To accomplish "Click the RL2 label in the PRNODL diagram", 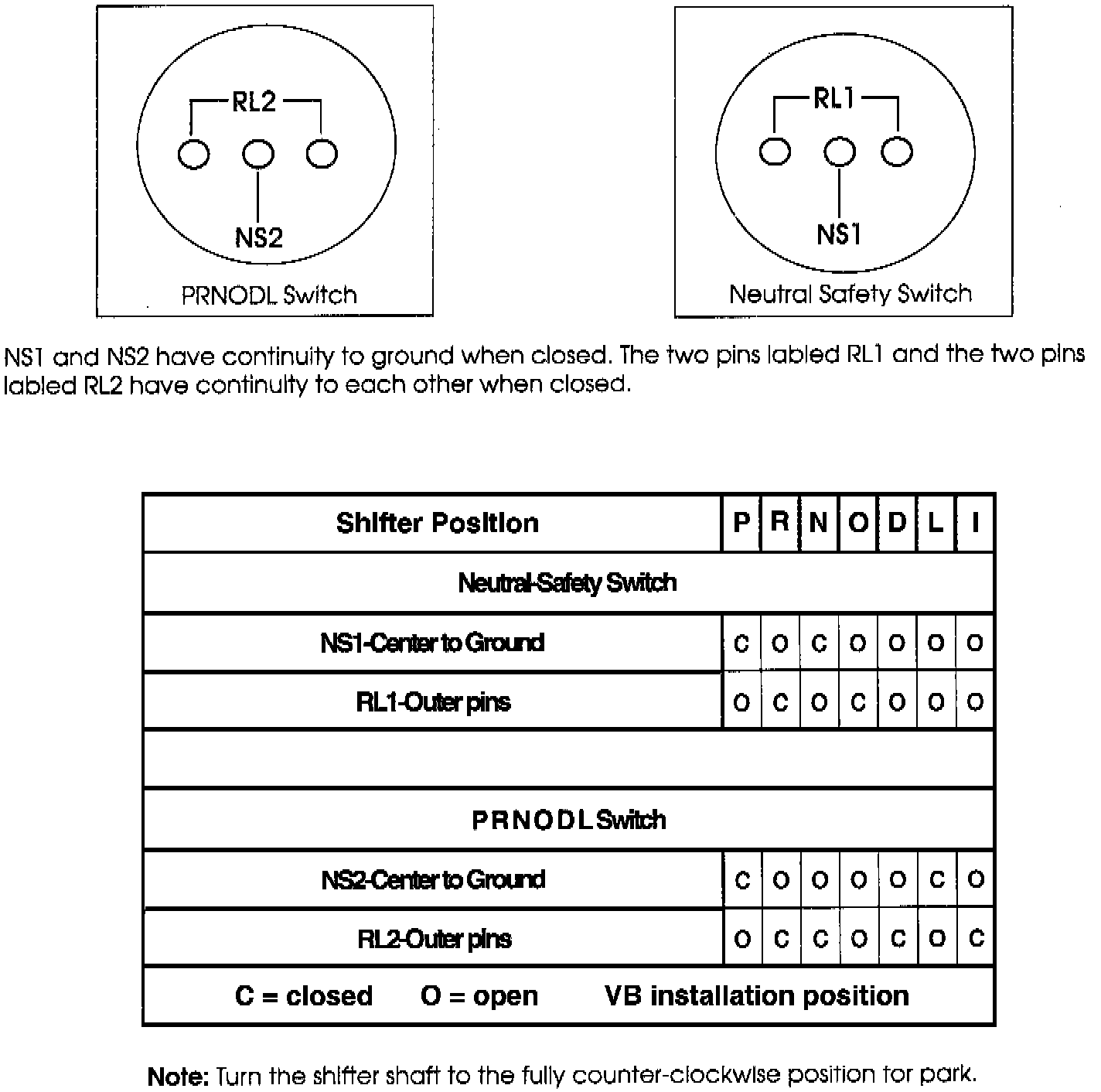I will point(254,101).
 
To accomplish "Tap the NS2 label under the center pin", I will point(258,237).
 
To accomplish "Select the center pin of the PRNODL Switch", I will point(257,154).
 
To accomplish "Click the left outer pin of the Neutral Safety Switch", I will point(775,152).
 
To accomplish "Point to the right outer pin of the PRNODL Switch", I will point(322,153).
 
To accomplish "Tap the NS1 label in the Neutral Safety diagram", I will point(839,234).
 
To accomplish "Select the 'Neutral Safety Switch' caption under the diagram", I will point(850,294).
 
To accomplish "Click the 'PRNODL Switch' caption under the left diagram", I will point(269,295).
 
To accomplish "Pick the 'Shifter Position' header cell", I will point(437,523).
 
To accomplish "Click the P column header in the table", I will point(741,523).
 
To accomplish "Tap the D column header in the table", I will point(897,523).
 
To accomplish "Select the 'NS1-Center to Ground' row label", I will point(432,643).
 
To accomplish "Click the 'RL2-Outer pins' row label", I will point(434,939).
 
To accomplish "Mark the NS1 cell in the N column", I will point(819,643).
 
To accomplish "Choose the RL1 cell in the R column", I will point(780,702).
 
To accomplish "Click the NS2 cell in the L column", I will point(936,879).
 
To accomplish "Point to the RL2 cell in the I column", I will point(976,939).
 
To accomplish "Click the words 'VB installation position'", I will point(756,995).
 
